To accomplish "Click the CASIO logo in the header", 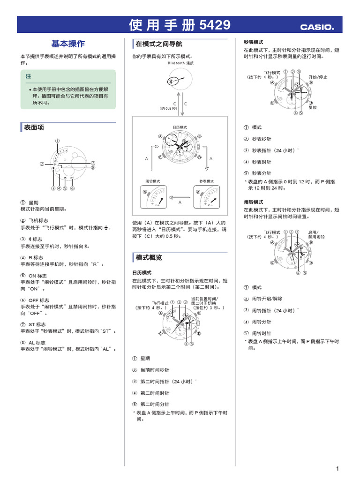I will click(x=317, y=27).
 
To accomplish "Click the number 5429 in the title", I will click(x=215, y=25).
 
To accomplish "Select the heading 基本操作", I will click(x=68, y=44).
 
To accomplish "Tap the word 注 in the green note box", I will click(x=29, y=76).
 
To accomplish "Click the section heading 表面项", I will click(x=34, y=127).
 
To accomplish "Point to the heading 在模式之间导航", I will click(x=152, y=44).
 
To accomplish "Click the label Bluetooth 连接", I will click(x=180, y=63).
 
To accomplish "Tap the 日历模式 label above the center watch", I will click(x=180, y=127).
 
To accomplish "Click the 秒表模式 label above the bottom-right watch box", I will click(x=207, y=181).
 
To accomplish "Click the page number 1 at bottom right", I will click(x=337, y=468).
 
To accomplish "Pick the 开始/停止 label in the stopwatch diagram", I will click(x=318, y=77).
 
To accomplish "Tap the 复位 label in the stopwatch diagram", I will click(x=312, y=107).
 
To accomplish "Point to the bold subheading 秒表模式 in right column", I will click(x=253, y=42).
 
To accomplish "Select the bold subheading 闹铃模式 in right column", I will click(x=253, y=202).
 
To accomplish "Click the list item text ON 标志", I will click(x=37, y=276).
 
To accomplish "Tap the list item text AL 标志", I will click(x=37, y=343).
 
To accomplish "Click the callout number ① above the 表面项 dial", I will click(x=57, y=141).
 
